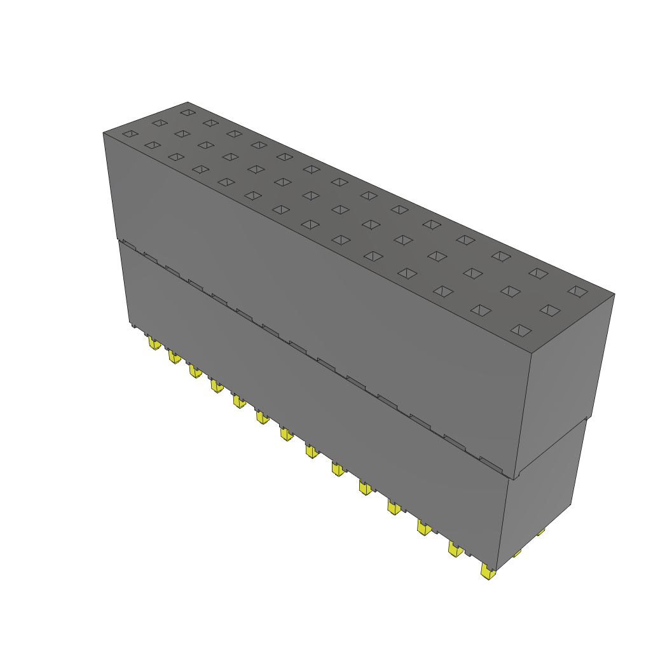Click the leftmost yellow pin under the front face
[x=154, y=344]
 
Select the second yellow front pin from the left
[x=174, y=357]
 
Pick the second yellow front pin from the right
[x=455, y=549]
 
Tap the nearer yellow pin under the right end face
[x=517, y=554]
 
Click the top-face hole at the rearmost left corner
[x=187, y=113]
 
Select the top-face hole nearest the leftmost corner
[x=130, y=134]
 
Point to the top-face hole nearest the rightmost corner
[x=577, y=291]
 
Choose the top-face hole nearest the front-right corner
[x=521, y=330]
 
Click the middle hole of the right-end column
[x=551, y=310]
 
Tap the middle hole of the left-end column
[x=159, y=123]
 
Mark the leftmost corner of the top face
[x=104, y=133]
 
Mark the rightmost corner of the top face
[x=614, y=294]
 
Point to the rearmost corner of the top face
[x=188, y=102]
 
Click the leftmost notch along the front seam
[x=128, y=244]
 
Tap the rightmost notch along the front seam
[x=491, y=462]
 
